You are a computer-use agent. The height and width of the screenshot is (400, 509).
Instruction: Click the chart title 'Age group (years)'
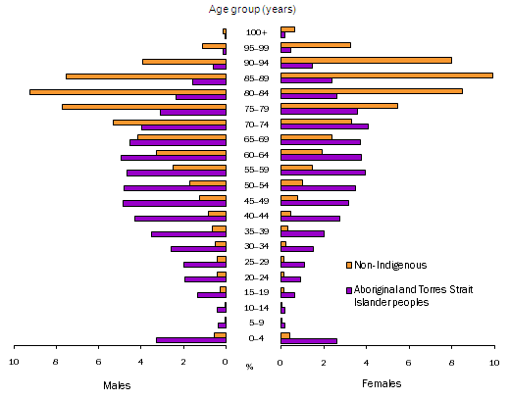(x=252, y=11)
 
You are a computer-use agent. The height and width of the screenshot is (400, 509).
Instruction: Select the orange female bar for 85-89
(x=386, y=75)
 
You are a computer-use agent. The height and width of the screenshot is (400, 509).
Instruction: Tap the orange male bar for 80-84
(x=127, y=91)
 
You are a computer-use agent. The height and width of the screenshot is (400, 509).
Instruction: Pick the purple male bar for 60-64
(x=174, y=157)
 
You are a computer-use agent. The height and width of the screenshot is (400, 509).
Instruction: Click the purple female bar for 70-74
(x=325, y=126)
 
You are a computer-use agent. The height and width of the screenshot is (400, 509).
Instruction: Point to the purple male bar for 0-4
(x=191, y=340)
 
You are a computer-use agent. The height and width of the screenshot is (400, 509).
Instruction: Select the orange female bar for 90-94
(x=366, y=60)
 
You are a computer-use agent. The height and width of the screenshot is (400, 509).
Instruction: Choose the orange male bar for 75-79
(x=144, y=106)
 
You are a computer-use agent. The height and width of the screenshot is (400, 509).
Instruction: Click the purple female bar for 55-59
(x=323, y=173)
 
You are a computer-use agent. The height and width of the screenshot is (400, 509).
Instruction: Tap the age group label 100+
(x=254, y=32)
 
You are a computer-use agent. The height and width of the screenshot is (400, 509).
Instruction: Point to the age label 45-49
(x=254, y=201)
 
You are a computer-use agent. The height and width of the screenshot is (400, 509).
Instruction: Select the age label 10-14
(x=254, y=308)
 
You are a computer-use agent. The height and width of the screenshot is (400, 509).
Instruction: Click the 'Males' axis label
(x=118, y=385)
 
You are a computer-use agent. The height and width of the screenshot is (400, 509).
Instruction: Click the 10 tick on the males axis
(x=15, y=362)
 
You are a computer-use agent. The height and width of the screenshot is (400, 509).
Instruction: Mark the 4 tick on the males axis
(x=142, y=362)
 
